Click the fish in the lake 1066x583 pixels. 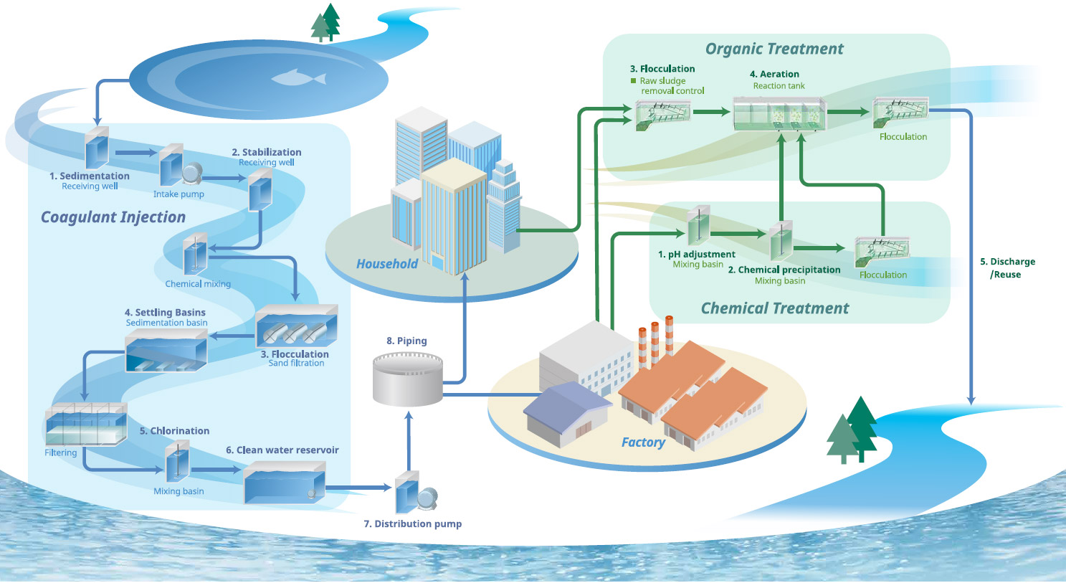(299, 77)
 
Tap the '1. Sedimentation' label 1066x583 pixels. (90, 176)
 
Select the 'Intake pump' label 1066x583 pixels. (179, 194)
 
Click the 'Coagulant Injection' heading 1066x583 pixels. (113, 217)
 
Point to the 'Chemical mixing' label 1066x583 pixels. (198, 284)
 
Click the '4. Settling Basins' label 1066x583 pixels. (165, 313)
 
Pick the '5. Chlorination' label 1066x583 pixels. (174, 431)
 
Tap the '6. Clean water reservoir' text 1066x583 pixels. (282, 450)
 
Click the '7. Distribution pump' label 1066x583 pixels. (412, 524)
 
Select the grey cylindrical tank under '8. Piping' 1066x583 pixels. (408, 380)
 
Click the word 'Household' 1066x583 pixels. (387, 264)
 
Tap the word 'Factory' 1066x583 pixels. (643, 442)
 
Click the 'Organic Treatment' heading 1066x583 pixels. (774, 49)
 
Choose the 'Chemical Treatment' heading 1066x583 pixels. (774, 308)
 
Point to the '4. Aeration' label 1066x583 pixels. (774, 74)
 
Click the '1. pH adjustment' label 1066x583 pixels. (697, 255)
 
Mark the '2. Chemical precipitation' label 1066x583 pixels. (784, 270)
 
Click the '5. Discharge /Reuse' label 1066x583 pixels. (1007, 268)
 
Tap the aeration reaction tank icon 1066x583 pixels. (779, 113)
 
